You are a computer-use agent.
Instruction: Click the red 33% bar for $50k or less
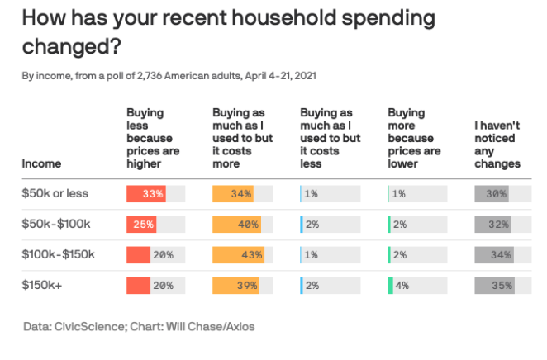point(145,194)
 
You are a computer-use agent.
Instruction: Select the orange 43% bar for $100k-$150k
point(237,255)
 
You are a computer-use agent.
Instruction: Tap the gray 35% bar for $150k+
point(494,286)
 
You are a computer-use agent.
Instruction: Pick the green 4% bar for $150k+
point(390,286)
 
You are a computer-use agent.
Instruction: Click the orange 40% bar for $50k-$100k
point(236,225)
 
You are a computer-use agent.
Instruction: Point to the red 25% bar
point(140,225)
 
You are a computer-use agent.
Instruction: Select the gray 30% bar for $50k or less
point(491,194)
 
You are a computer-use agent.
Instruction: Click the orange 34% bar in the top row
point(232,194)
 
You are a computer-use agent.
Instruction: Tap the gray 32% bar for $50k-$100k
point(492,225)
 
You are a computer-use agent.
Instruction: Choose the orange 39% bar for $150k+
point(235,286)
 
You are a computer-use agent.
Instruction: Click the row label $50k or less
point(55,194)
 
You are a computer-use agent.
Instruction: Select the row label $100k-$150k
point(59,255)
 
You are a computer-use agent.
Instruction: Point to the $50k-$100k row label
point(55,225)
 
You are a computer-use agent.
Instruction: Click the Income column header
point(41,163)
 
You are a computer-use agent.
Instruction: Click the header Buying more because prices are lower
point(411,138)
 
